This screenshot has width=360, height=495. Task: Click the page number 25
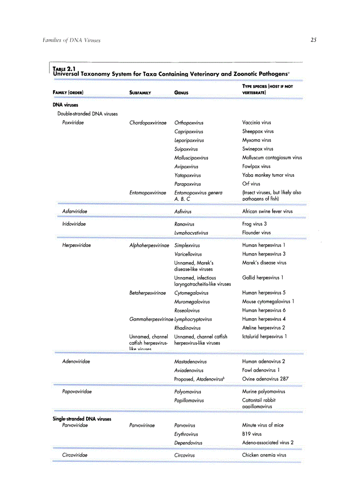coord(313,40)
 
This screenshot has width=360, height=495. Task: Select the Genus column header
coord(181,93)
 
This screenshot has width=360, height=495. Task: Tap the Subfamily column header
coord(140,93)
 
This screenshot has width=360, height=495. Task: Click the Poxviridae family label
coord(73,123)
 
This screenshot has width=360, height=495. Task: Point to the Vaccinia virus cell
coord(257,123)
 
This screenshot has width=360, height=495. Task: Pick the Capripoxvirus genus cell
coord(189,131)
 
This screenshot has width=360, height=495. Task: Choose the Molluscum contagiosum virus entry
coord(272,157)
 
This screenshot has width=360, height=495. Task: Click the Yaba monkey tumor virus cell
coord(268,175)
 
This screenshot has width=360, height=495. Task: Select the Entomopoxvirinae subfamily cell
coord(148,193)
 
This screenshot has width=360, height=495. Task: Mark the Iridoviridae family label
coord(74,224)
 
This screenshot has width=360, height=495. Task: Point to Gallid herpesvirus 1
coord(263,278)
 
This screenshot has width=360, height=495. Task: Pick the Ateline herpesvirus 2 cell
coord(264,328)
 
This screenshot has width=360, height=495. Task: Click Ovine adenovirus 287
coord(266,379)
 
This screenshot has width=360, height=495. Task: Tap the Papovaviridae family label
coord(77,391)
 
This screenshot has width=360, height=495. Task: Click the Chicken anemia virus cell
coord(264,455)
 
